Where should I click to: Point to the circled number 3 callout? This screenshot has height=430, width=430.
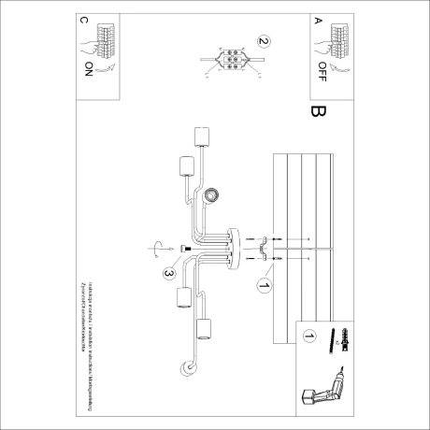pyautogui.click(x=169, y=273)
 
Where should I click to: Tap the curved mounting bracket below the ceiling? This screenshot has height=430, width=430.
pyautogui.click(x=265, y=247)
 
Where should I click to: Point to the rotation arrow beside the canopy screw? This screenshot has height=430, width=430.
pyautogui.click(x=157, y=248)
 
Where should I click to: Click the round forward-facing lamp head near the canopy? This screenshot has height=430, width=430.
pyautogui.click(x=213, y=194)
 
